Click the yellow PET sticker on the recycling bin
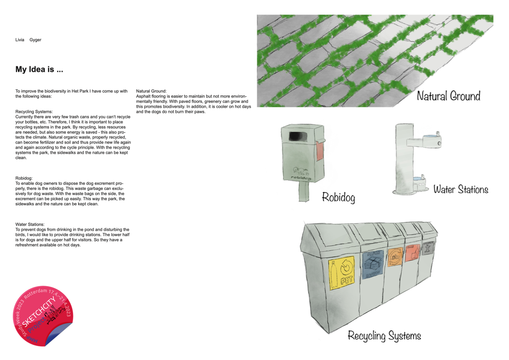coord(342,273)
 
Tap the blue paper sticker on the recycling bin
coord(372,264)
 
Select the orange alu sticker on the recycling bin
coord(395,257)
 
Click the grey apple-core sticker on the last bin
coord(428,248)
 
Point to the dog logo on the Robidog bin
coord(300,171)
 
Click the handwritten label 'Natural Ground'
coord(449,96)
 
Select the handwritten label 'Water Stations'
coord(461,189)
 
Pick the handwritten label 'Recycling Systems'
coord(384,336)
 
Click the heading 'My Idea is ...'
coord(39,69)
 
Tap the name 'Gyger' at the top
coord(35,40)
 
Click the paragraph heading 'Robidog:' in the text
coord(24,178)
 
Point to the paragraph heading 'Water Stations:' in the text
coord(30,224)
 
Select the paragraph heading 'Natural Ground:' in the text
coord(151,91)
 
